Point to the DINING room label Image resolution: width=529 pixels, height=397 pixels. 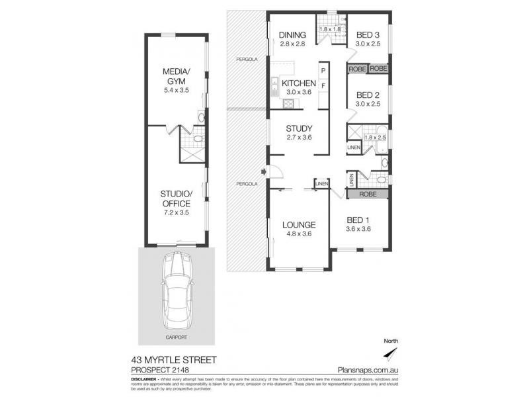292,35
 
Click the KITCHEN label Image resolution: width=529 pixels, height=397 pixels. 298,83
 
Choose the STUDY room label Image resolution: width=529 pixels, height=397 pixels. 298,128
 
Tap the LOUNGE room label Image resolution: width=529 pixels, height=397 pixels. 298,224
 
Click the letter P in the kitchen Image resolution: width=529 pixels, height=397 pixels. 323,71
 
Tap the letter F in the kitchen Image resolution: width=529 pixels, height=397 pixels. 323,86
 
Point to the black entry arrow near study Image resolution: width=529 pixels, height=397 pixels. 264,173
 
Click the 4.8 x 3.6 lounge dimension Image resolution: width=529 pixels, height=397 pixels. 298,233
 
